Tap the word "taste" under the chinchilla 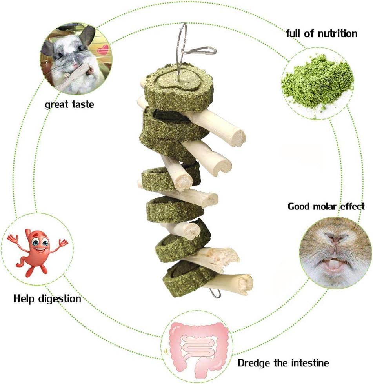[83, 105]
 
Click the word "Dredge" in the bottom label [253, 363]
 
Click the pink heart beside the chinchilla [103, 49]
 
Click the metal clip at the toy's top [198, 51]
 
